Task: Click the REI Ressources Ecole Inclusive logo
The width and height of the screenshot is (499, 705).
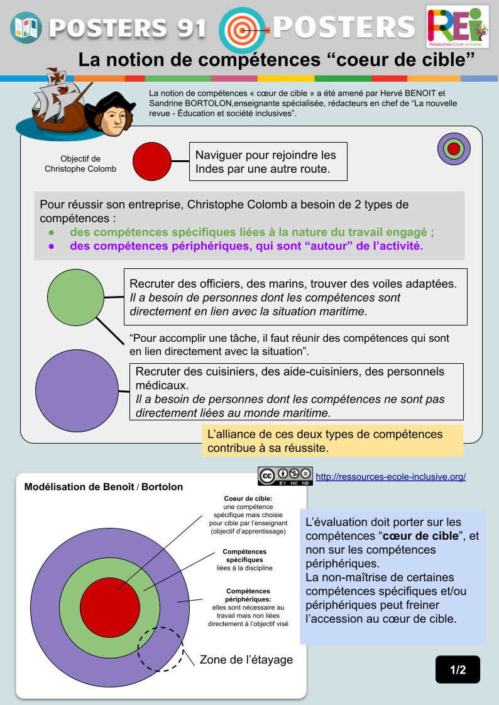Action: [x=458, y=27]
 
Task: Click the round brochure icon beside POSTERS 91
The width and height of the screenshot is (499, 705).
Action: [x=26, y=28]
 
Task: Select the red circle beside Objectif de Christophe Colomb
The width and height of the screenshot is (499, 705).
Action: [x=152, y=161]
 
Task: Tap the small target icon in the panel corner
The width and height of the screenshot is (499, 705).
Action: [x=454, y=149]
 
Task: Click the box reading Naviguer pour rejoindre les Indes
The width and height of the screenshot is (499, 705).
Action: [x=268, y=161]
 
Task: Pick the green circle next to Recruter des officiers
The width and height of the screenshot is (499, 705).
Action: [x=75, y=297]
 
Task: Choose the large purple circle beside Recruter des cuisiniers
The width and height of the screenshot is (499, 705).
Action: [x=77, y=391]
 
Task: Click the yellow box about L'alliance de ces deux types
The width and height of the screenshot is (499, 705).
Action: [x=332, y=440]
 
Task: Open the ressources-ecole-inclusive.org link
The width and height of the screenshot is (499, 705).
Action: [x=391, y=476]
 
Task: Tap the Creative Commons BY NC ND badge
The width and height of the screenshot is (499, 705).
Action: [x=285, y=476]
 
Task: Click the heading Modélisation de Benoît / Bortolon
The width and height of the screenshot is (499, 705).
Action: [x=104, y=487]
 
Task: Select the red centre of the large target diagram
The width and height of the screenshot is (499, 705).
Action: [x=110, y=608]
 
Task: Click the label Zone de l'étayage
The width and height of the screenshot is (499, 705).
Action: [x=246, y=660]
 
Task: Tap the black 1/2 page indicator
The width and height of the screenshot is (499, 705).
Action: [x=458, y=669]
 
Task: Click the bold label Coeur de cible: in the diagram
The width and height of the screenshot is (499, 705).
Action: [x=248, y=498]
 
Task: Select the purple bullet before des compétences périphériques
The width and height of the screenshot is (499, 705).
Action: [x=52, y=246]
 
